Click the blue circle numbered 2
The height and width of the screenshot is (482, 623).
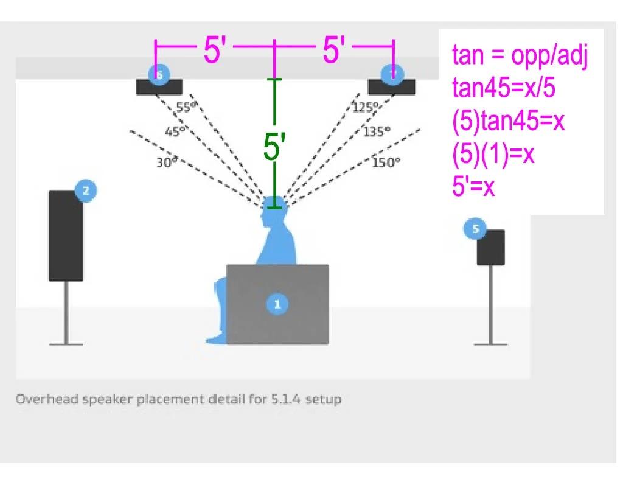tap(86, 191)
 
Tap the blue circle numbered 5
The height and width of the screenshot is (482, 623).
tap(475, 229)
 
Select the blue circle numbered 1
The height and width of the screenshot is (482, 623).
tap(277, 304)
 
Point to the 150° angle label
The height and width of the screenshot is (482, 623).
tap(386, 162)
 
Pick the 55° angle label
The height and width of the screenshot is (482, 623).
tap(187, 108)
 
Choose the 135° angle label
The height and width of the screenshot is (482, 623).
tap(377, 131)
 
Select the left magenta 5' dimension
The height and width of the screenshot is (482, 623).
tap(215, 49)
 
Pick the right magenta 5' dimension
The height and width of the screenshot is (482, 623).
tap(335, 49)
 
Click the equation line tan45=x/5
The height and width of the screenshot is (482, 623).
tap(504, 89)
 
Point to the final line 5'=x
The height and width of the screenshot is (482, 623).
tap(473, 186)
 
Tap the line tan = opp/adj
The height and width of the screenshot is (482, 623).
tap(520, 56)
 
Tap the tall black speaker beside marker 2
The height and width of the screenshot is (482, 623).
tap(66, 236)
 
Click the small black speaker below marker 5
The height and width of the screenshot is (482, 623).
tap(490, 247)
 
